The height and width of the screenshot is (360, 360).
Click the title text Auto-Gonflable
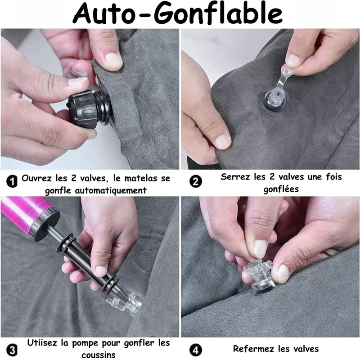177,14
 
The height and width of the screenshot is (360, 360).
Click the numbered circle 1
12,182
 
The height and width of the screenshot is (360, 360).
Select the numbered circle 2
196,182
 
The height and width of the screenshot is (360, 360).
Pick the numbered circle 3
12,351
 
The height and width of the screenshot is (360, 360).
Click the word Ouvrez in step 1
36,178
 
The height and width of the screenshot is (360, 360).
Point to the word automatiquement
111,190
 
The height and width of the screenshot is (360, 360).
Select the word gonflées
281,189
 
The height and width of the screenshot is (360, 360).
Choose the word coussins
98,355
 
